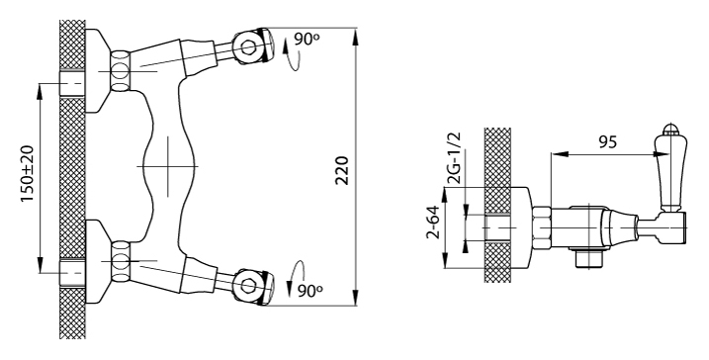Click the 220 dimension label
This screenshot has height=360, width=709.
click(342, 171)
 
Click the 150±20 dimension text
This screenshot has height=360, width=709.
click(27, 174)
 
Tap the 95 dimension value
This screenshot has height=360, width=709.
click(608, 142)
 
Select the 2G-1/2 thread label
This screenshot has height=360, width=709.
click(455, 158)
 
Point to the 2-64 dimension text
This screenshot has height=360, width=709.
click(433, 223)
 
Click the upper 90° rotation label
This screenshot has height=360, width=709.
click(307, 40)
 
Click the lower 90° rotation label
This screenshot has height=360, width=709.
click(310, 291)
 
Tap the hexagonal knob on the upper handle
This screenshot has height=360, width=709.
click(248, 47)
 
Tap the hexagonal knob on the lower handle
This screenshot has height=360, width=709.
click(248, 286)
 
